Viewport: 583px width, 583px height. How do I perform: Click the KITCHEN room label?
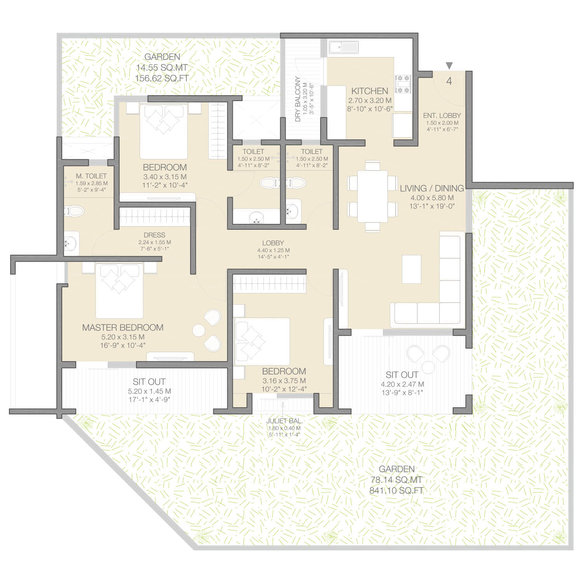tap(370, 91)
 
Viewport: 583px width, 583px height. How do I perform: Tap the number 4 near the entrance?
tap(449, 81)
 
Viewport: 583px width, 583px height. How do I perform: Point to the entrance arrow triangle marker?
tap(449, 65)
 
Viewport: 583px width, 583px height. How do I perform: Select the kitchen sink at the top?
tap(344, 47)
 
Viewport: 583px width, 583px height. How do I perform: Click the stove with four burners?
tap(403, 84)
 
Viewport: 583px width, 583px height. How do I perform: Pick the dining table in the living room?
tap(372, 196)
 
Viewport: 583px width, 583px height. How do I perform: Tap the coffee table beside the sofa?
tap(412, 269)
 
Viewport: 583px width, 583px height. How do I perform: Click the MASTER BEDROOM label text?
tap(123, 328)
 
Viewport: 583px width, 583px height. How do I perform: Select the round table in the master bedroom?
tap(199, 330)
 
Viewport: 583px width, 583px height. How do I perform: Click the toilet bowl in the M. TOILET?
tap(74, 211)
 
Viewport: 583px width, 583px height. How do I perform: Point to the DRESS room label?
tap(154, 235)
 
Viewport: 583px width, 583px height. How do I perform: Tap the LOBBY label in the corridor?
tap(273, 243)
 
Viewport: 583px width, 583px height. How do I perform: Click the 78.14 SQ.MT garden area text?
tap(396, 480)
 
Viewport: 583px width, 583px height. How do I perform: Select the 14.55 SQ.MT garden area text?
tap(162, 68)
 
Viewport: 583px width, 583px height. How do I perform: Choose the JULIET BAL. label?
tap(285, 421)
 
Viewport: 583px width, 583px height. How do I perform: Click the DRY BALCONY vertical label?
tap(298, 99)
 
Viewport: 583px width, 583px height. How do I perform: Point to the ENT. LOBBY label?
tap(442, 115)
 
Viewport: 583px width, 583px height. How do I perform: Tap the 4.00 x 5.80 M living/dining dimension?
tap(432, 197)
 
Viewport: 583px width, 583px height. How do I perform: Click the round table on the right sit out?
tap(428, 367)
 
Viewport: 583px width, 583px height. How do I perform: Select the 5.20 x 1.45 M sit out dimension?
tap(149, 391)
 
